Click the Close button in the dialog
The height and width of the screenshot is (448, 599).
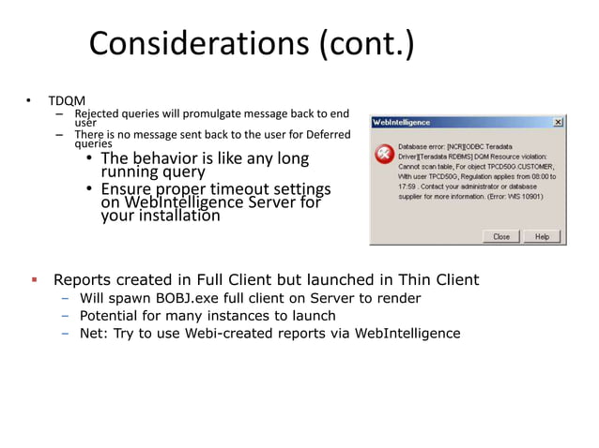[x=501, y=236]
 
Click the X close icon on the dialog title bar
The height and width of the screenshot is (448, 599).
[x=558, y=123]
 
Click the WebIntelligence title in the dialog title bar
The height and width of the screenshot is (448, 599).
[x=402, y=123]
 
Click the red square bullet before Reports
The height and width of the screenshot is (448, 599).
[x=33, y=279]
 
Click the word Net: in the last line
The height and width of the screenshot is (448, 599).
[x=94, y=334]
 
